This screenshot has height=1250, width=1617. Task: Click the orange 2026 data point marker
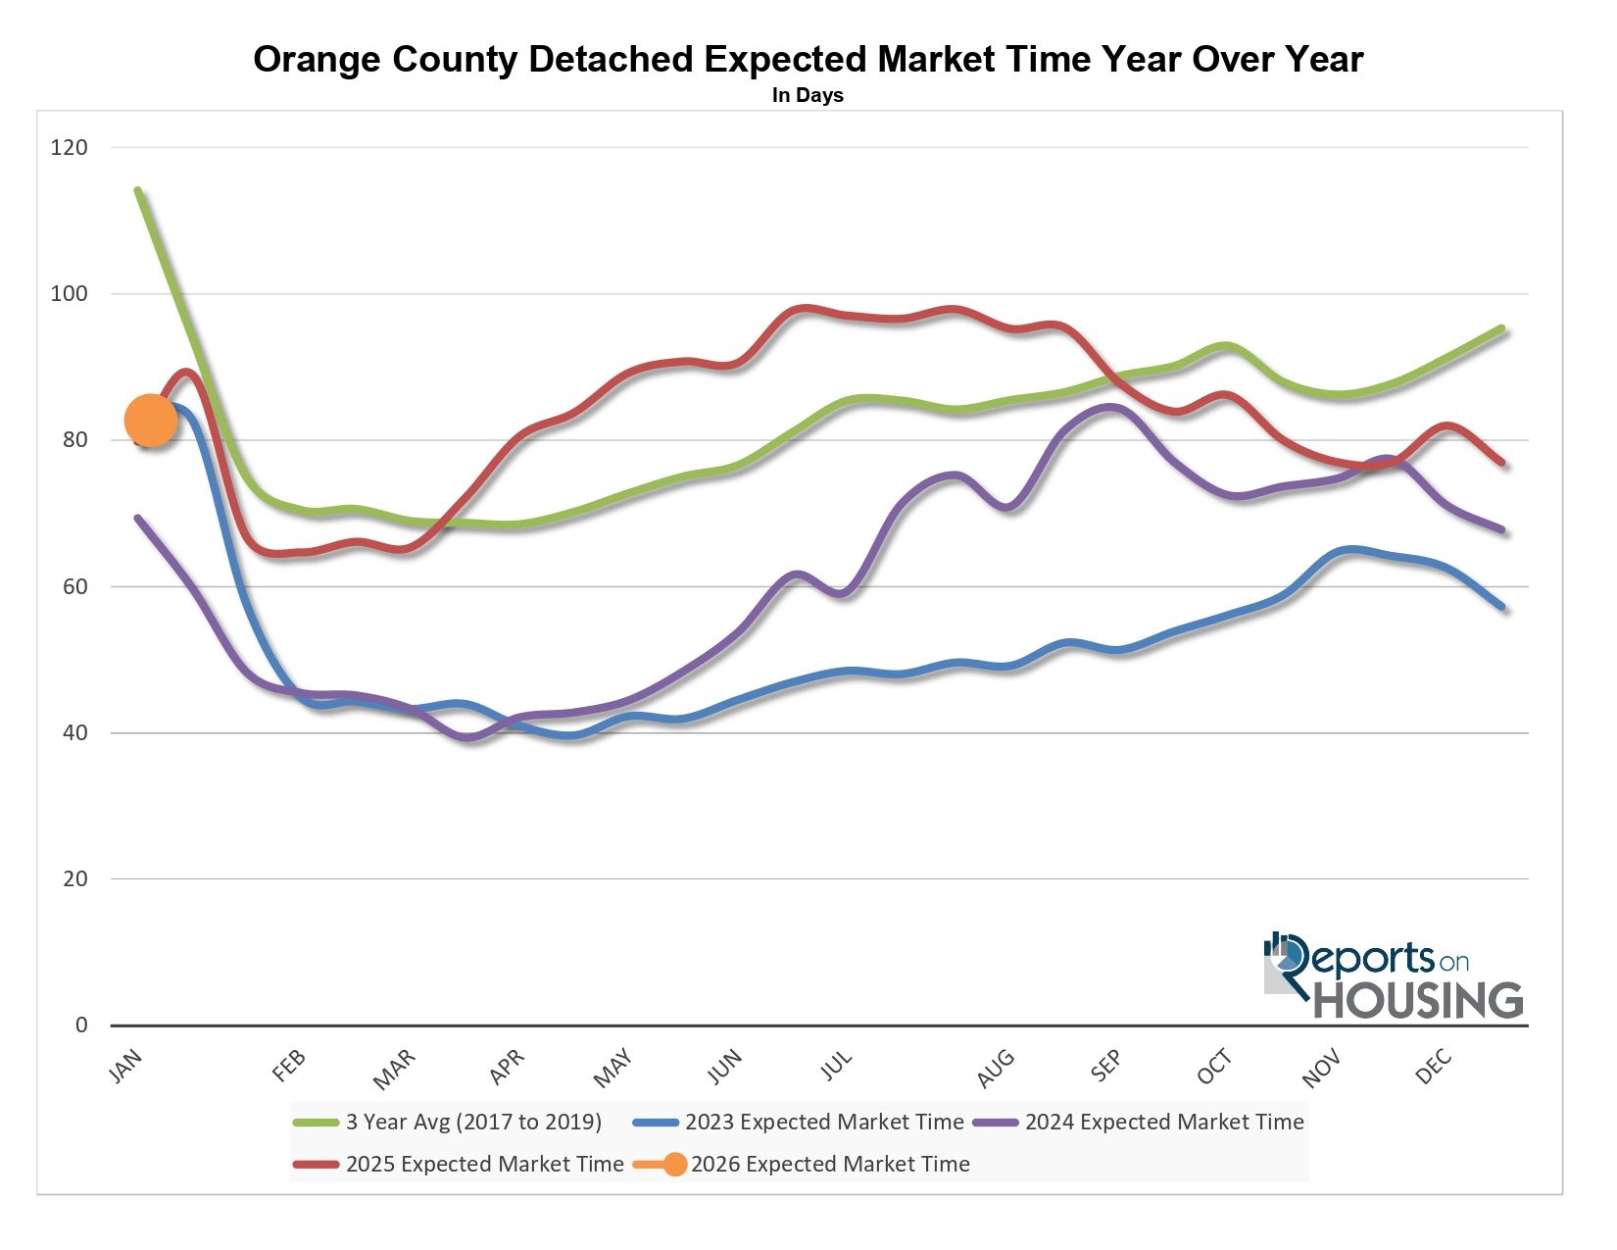click(151, 421)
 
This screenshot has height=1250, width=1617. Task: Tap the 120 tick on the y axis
click(69, 148)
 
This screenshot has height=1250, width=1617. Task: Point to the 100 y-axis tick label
click(69, 294)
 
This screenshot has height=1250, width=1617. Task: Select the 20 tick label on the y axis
click(74, 879)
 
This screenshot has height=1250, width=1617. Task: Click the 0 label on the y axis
click(81, 1025)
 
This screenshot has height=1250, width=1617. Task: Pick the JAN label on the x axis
click(126, 1067)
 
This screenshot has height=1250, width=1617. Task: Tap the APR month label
click(508, 1068)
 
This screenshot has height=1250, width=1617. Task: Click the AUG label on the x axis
click(996, 1068)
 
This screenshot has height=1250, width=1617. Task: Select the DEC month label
click(1435, 1067)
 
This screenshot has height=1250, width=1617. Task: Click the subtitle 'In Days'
click(808, 96)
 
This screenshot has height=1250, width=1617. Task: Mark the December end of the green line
click(1502, 328)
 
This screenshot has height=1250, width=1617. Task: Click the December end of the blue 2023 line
click(1502, 608)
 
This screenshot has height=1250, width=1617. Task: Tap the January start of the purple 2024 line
click(138, 518)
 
